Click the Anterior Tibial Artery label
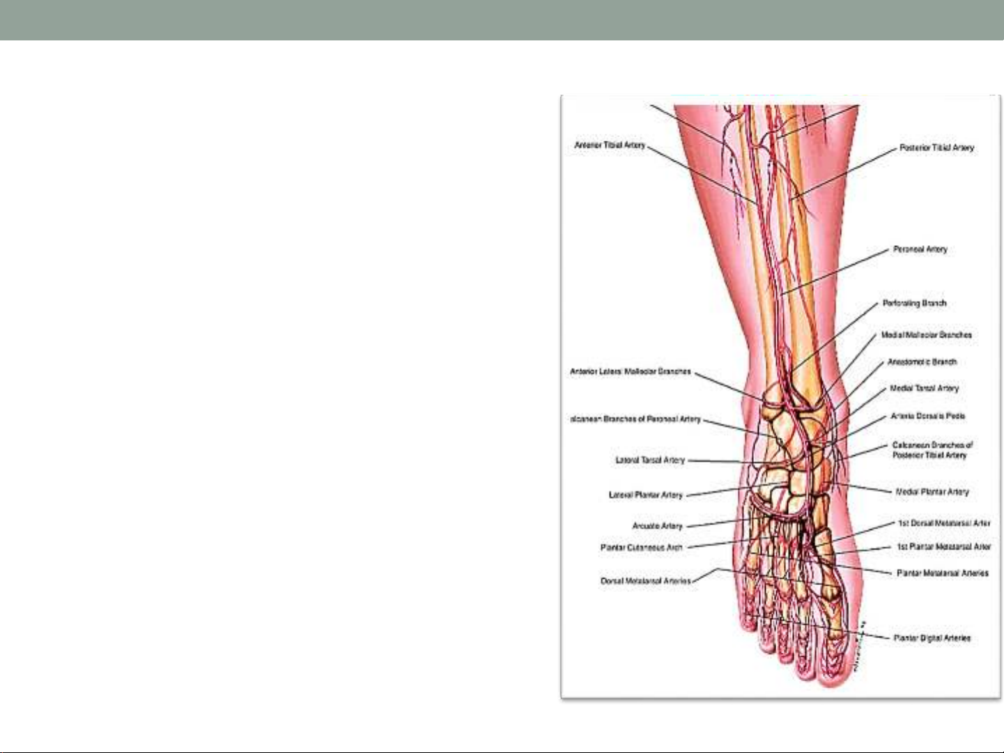click(610, 145)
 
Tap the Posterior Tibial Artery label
click(936, 148)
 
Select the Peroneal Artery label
click(920, 249)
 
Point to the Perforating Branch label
click(914, 303)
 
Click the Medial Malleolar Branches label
click(926, 335)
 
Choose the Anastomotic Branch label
click(922, 362)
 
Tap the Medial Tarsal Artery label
click(924, 389)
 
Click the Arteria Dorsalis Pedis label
click(927, 416)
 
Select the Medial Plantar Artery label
click(932, 492)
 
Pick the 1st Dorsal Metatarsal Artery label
click(943, 523)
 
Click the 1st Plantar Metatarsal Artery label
click(943, 547)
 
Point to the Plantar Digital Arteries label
click(932, 638)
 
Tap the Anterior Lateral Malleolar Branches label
click(630, 371)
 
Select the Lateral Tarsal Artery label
click(650, 460)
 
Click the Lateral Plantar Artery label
click(645, 495)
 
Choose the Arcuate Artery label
click(657, 526)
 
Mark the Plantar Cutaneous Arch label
click(641, 548)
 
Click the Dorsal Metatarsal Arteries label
click(645, 581)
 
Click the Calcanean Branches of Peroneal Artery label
click(635, 419)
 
